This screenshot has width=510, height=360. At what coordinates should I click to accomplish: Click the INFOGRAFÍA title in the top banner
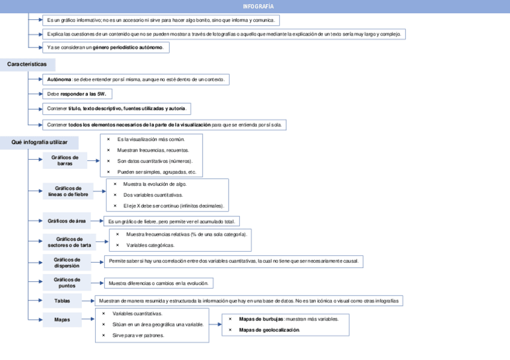(259, 6)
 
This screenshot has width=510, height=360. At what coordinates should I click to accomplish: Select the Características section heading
(27, 64)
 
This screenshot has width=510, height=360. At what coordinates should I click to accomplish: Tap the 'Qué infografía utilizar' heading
(36, 142)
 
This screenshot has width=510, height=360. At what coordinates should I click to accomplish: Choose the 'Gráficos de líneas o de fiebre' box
(68, 191)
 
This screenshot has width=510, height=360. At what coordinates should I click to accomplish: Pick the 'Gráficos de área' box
(67, 221)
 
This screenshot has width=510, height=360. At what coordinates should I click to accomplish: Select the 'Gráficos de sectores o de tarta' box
(69, 242)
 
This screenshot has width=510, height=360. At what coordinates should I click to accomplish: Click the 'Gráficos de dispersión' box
(67, 263)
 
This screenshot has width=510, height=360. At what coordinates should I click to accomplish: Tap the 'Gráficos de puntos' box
(67, 282)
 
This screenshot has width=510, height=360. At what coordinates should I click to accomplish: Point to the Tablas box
(61, 301)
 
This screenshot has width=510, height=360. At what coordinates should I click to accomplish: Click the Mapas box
(61, 320)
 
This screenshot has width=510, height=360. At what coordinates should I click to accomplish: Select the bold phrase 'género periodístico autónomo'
(127, 47)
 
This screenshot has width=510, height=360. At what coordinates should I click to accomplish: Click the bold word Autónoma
(59, 79)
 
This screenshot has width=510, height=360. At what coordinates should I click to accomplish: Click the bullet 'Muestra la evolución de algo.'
(155, 184)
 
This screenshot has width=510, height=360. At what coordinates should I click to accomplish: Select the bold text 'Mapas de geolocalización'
(269, 330)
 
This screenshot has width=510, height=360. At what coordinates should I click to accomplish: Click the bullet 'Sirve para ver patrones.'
(138, 335)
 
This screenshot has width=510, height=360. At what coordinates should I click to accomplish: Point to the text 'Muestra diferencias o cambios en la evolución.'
(158, 283)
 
